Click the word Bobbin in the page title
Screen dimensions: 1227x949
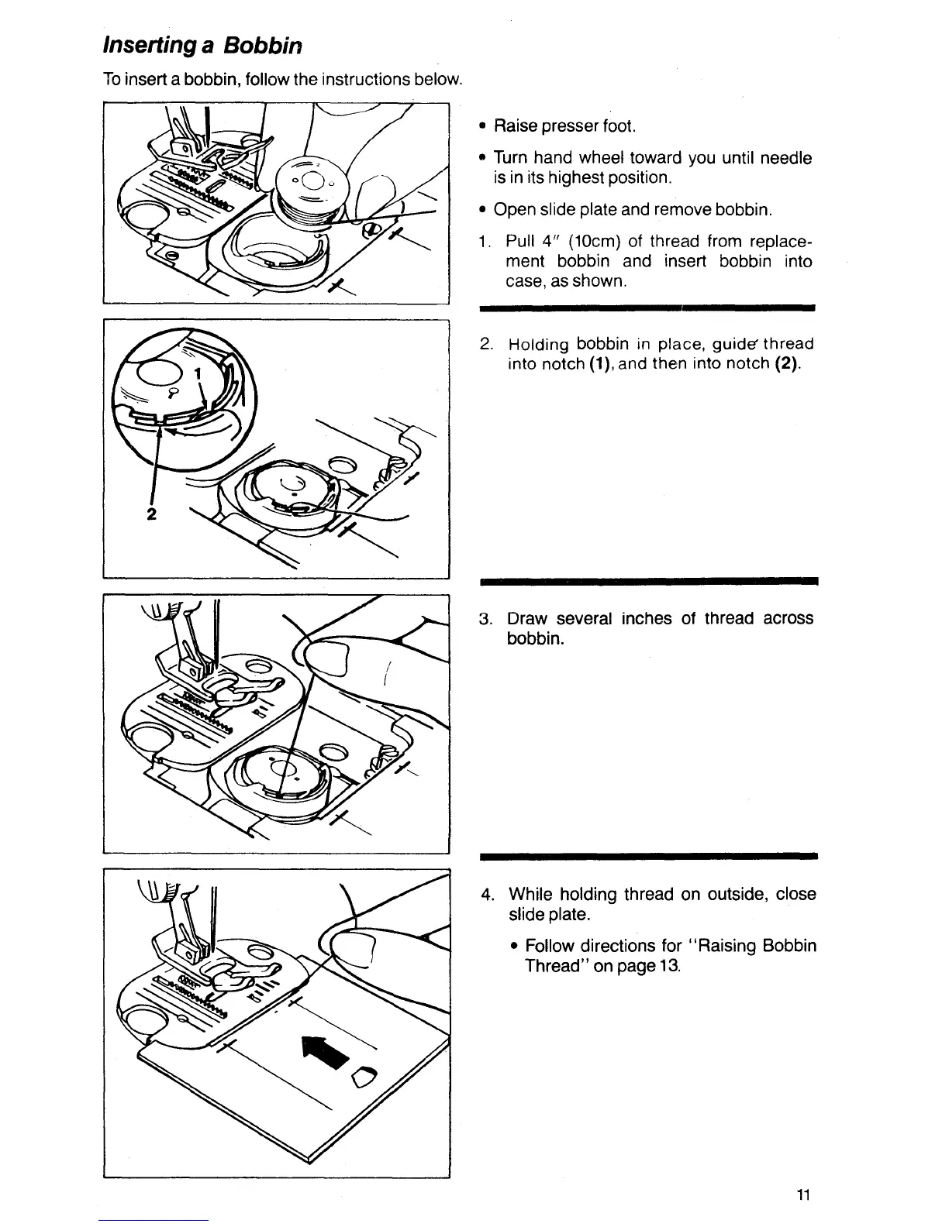pos(264,46)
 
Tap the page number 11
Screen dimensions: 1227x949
pos(802,1194)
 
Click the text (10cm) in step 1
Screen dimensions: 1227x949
pos(597,242)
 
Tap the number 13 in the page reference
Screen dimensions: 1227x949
pos(670,966)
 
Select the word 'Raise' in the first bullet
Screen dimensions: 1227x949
pos(516,125)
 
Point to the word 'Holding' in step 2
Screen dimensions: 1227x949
pos(537,344)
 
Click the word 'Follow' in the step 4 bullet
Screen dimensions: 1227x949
pos(551,946)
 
